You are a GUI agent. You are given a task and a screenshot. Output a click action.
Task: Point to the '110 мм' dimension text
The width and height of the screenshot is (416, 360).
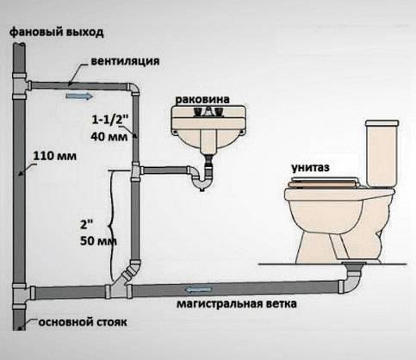[x=53, y=157]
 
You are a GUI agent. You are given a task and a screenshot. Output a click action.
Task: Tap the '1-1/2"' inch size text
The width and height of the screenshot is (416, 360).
[x=111, y=118]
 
